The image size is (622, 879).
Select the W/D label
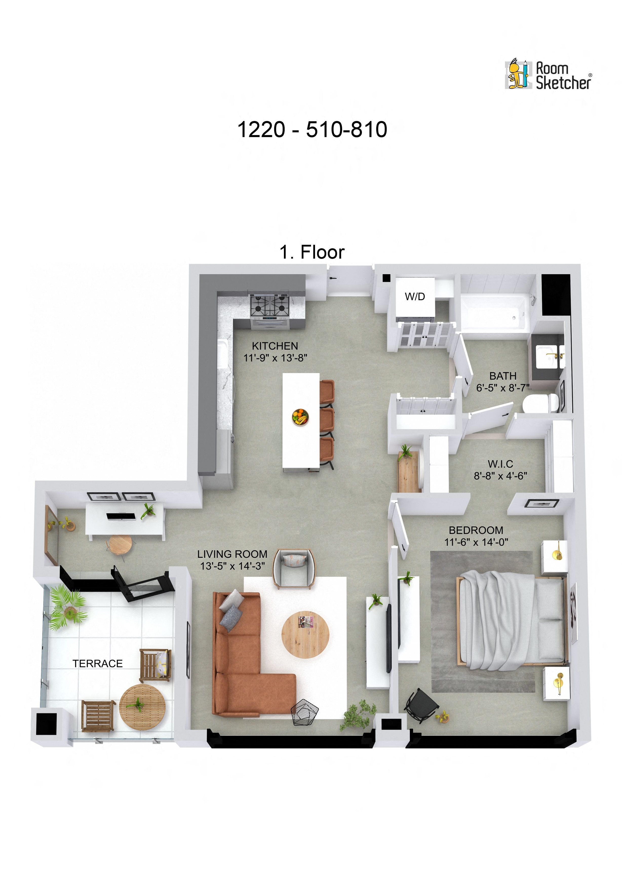(x=415, y=296)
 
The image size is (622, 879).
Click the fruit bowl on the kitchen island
(x=300, y=417)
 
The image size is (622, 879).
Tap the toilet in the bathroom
(x=540, y=403)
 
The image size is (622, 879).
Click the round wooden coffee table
(x=305, y=634)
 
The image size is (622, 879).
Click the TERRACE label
(x=98, y=663)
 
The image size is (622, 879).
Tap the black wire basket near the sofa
(x=304, y=712)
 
